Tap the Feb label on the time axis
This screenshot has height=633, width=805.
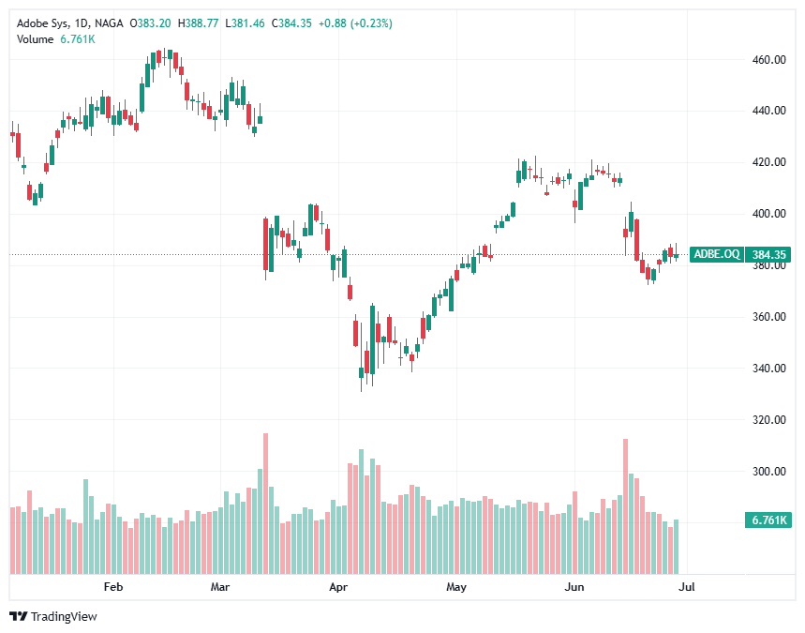pos(113,587)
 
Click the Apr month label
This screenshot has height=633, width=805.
pos(338,587)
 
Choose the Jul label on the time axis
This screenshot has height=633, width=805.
pos(686,587)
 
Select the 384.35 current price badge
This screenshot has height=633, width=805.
pos(768,254)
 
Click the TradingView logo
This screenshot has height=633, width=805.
pos(53,616)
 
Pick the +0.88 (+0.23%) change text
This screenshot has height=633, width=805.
pos(354,23)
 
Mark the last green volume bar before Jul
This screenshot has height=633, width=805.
pos(676,546)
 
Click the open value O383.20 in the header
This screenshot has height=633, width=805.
pos(150,23)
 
